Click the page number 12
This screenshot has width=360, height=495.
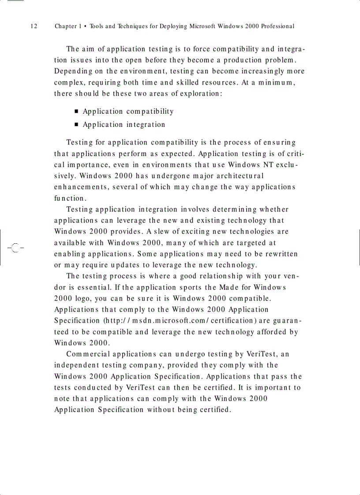34,26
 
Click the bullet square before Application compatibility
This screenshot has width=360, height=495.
76,112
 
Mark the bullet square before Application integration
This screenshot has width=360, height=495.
76,125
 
